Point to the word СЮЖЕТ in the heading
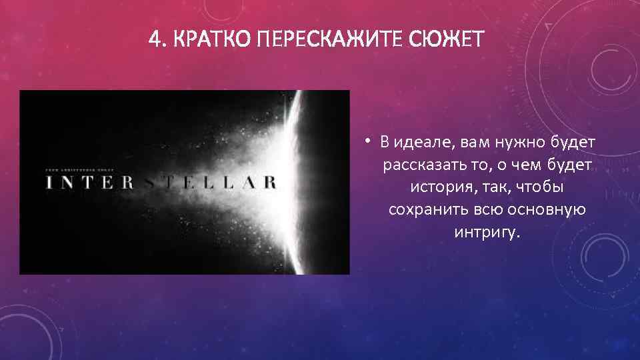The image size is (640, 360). pyautogui.click(x=448, y=41)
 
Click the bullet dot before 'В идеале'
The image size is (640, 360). pyautogui.click(x=367, y=141)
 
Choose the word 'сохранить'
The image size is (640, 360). pyautogui.click(x=421, y=210)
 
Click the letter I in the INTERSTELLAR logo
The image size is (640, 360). pyautogui.click(x=49, y=183)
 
